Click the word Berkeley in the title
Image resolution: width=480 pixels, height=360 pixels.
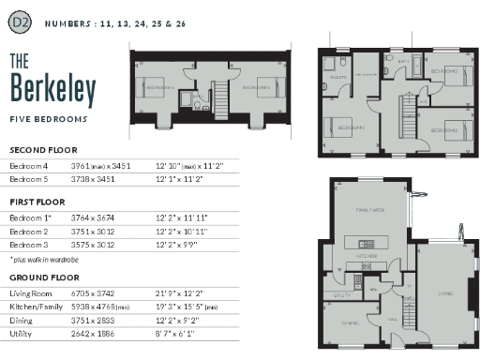point(53,89)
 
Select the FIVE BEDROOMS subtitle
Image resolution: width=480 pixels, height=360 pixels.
point(48,121)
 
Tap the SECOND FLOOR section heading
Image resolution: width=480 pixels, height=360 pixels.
point(43,149)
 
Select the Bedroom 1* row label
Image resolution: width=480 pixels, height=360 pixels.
point(30,217)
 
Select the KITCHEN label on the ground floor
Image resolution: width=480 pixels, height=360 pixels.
point(367,254)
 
